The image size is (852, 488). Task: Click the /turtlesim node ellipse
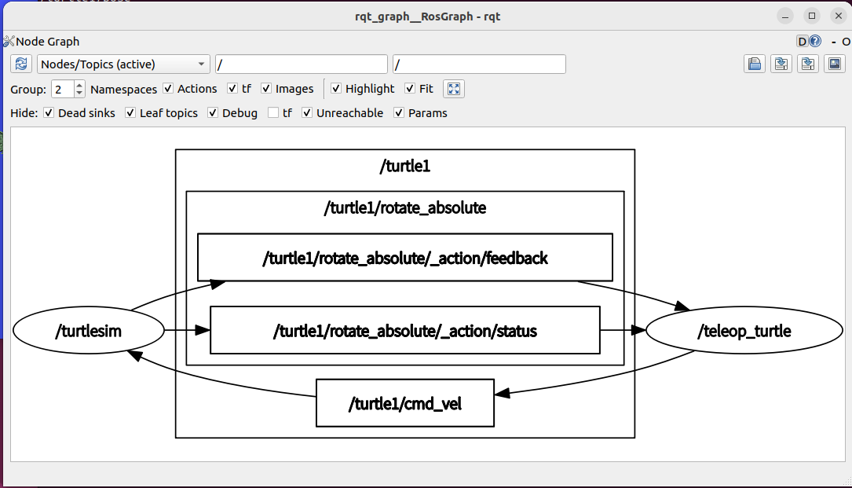point(89,330)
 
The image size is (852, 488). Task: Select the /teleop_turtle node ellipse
point(744,330)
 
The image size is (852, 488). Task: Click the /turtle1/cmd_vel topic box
point(405,403)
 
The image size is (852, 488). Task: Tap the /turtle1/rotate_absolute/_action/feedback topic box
point(405,257)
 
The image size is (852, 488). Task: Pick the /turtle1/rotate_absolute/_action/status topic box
point(405,330)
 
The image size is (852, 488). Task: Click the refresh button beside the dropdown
point(21,64)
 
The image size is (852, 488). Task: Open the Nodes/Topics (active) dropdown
point(123,64)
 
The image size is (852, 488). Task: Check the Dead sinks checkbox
point(49,112)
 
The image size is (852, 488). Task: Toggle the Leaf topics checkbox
point(130,112)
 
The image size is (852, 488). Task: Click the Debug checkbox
point(213,112)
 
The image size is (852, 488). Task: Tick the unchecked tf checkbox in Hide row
point(273,112)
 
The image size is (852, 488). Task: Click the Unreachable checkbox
point(308,112)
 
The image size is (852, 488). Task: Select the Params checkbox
point(400,112)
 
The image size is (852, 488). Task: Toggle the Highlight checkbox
point(336,88)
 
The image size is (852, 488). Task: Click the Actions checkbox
point(169,88)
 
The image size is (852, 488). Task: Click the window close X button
point(839,16)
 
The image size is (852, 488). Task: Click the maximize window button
point(812,16)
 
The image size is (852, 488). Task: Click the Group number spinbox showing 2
point(68,89)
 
